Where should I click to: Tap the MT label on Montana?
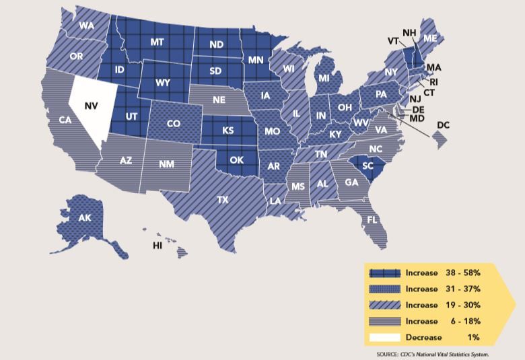[157, 42]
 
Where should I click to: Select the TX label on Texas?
[221, 200]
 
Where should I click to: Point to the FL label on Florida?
[371, 220]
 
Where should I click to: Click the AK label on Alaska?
[85, 218]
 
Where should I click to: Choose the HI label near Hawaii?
[157, 246]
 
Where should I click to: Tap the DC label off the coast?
[444, 124]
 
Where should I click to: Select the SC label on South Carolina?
[367, 165]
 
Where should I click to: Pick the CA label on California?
[65, 120]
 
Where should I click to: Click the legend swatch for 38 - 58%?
[386, 273]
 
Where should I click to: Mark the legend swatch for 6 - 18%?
[386, 320]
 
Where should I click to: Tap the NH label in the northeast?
[409, 32]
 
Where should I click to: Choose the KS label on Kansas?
[228, 130]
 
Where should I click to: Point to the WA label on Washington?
[86, 26]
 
